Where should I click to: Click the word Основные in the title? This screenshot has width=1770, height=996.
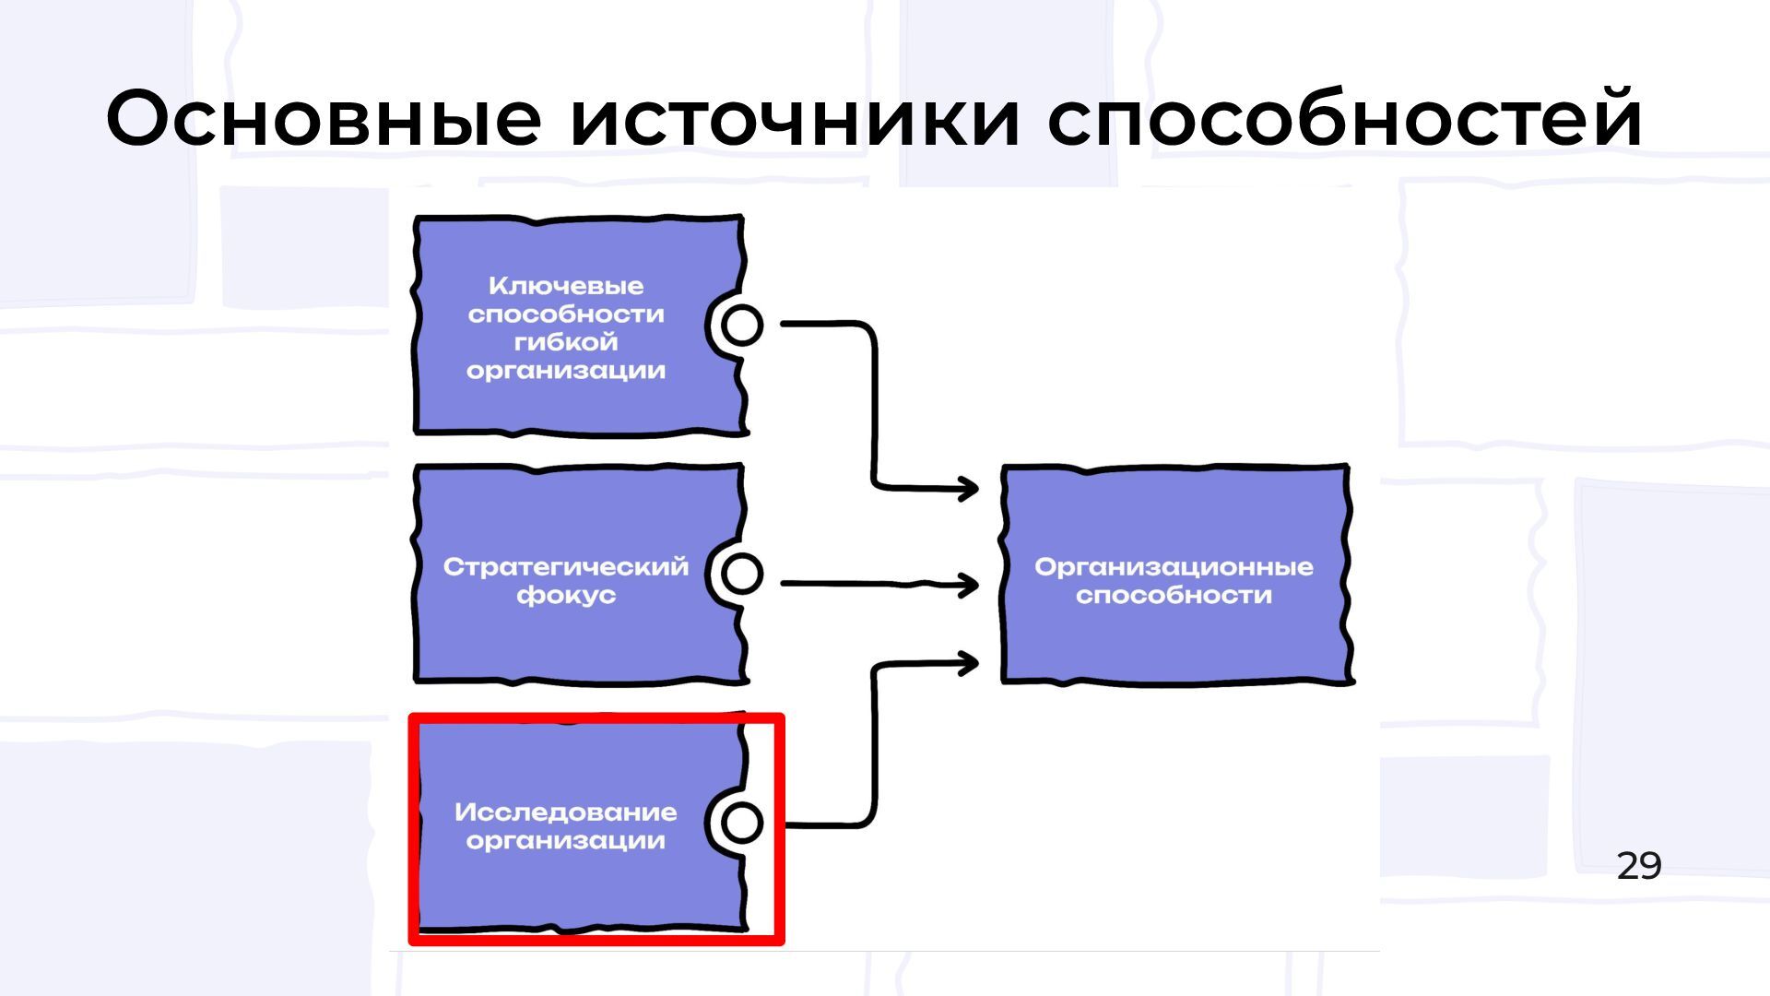coord(323,120)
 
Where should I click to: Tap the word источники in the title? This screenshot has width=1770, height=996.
coord(795,120)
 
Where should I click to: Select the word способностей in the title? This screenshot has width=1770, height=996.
coord(1344,120)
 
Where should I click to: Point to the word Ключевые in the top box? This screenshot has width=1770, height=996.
coord(566,286)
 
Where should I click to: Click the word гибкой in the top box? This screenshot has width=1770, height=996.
coord(566,342)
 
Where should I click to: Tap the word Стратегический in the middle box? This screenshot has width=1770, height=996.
coord(566,566)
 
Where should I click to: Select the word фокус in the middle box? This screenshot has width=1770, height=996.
coord(566,595)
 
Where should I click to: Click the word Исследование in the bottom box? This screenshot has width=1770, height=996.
coord(566,812)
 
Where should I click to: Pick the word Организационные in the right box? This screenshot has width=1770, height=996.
coord(1174,566)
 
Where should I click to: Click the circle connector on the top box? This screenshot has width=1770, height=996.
coord(742,325)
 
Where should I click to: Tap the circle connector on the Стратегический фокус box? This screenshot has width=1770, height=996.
coord(742,574)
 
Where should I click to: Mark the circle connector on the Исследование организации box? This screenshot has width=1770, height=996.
coord(742,823)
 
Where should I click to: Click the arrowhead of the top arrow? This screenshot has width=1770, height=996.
coord(969,488)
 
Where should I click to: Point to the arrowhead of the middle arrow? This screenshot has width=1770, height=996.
coord(969,584)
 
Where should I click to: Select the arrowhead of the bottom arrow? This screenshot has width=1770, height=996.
coord(969,662)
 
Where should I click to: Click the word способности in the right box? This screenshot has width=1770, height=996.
coord(1174,595)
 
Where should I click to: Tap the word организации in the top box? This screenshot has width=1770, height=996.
coord(566,371)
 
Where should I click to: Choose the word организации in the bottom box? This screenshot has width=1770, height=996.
coord(566,841)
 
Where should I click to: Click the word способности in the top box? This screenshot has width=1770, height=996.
coord(566,314)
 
